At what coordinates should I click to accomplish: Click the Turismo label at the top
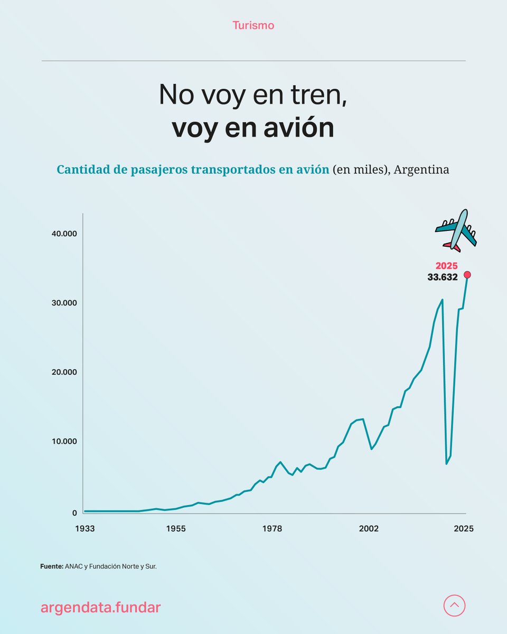coord(253,25)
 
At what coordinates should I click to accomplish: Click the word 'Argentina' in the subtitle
coord(421,170)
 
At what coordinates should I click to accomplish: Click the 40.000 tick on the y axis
coord(63,234)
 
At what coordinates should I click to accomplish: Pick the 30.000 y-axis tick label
coord(63,303)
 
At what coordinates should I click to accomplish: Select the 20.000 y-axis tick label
coord(63,372)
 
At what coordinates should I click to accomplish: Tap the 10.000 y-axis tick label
coord(63,441)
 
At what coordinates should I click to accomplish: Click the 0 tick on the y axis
coord(74,512)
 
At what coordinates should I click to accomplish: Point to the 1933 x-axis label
coord(85,529)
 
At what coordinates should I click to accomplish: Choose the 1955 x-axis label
coord(176,529)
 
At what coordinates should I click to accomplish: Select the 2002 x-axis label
coord(369,529)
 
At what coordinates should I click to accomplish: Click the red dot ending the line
coord(467,275)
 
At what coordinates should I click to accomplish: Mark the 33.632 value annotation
coord(443,277)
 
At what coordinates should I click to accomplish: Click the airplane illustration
coord(456,230)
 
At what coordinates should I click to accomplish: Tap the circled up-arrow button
coord(454,605)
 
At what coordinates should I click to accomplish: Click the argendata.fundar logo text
coord(100,608)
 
